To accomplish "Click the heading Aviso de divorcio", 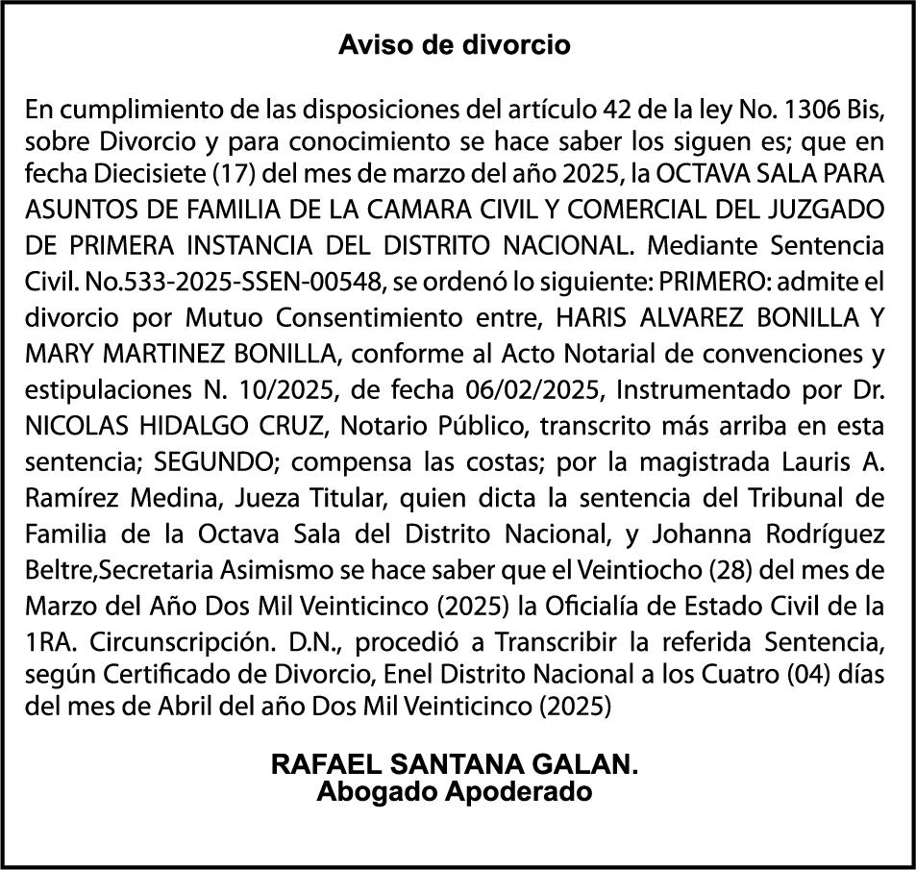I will [x=455, y=45].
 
